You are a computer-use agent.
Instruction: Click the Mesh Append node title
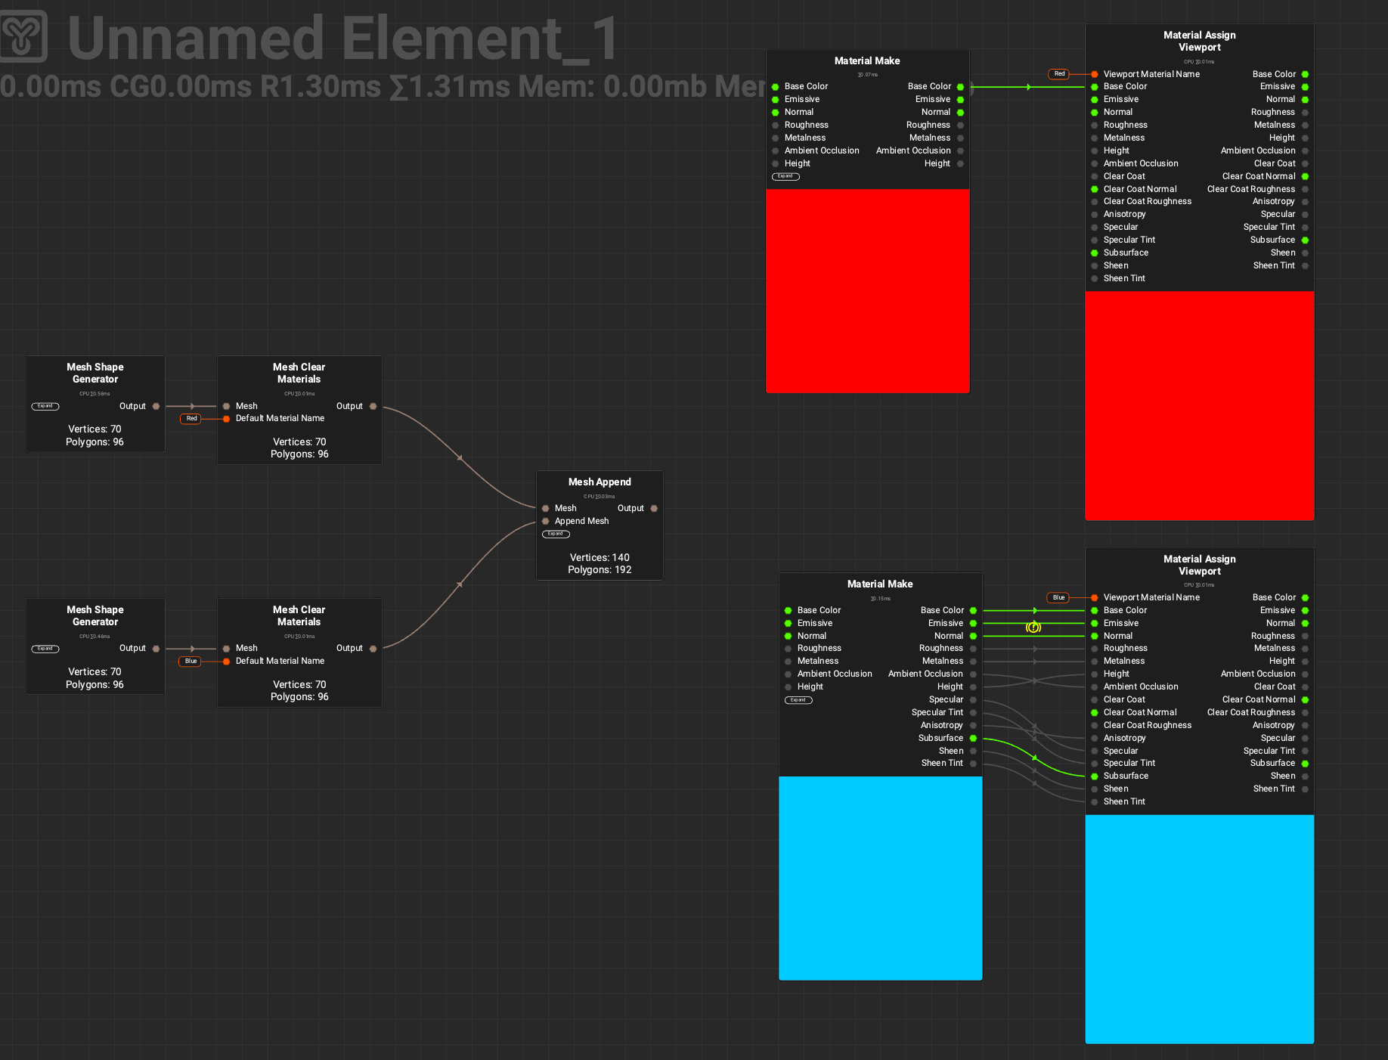600,482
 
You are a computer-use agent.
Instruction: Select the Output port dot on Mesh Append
654,509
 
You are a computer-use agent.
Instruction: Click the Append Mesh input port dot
546,521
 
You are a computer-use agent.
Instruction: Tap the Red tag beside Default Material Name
191,419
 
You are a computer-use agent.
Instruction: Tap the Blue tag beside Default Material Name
191,662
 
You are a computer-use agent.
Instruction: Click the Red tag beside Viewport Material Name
1059,74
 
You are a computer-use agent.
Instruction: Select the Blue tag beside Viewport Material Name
1058,598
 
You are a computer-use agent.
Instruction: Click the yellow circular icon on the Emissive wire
1033,627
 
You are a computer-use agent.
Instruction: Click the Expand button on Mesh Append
556,534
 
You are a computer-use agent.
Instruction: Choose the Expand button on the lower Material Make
798,700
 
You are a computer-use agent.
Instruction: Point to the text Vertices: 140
600,557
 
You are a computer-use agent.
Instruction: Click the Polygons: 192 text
600,570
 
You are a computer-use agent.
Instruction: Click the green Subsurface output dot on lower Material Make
974,738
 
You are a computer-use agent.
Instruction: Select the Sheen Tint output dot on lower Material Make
974,764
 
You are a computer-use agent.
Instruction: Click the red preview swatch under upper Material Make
867,290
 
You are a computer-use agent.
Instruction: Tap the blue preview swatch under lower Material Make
880,878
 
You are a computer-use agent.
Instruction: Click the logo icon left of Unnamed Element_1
23,36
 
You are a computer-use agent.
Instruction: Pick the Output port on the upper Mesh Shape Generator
156,407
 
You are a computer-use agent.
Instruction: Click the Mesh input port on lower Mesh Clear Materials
227,649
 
